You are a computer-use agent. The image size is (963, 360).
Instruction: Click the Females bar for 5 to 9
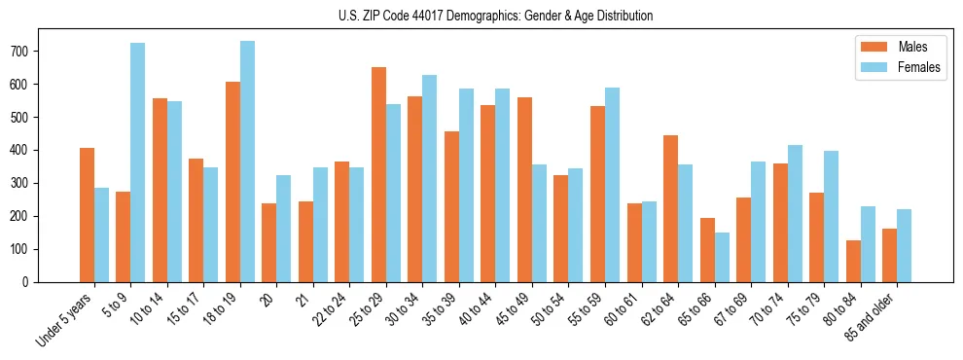[x=138, y=162]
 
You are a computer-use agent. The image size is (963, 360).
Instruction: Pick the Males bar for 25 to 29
[x=378, y=175]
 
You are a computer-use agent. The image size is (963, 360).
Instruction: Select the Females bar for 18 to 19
[x=247, y=162]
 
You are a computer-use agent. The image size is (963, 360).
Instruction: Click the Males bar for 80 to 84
[x=853, y=261]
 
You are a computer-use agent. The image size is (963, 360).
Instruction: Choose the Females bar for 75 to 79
[x=831, y=216]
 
